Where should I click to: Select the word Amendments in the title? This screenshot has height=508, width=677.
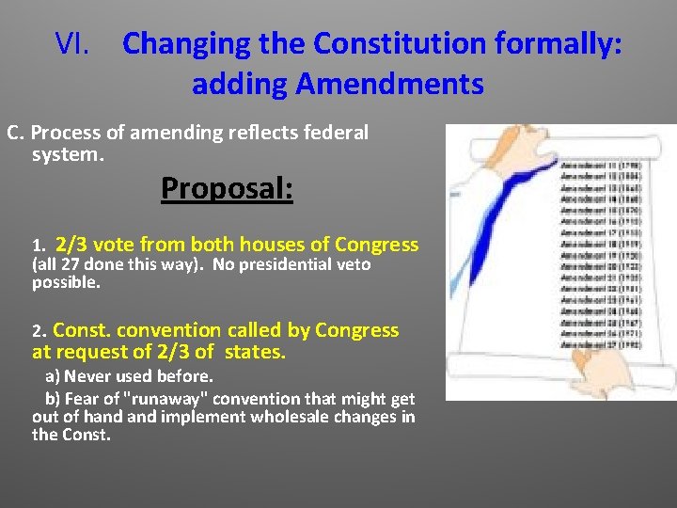point(389,85)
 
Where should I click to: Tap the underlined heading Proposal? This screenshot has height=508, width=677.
point(227,188)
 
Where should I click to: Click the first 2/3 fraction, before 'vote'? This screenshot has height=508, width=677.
point(72,245)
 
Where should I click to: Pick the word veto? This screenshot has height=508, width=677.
point(350,265)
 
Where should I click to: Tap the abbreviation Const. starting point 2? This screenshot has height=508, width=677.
point(81,331)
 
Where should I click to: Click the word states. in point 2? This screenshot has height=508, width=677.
point(255,353)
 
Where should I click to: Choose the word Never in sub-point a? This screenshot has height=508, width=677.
point(88,376)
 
